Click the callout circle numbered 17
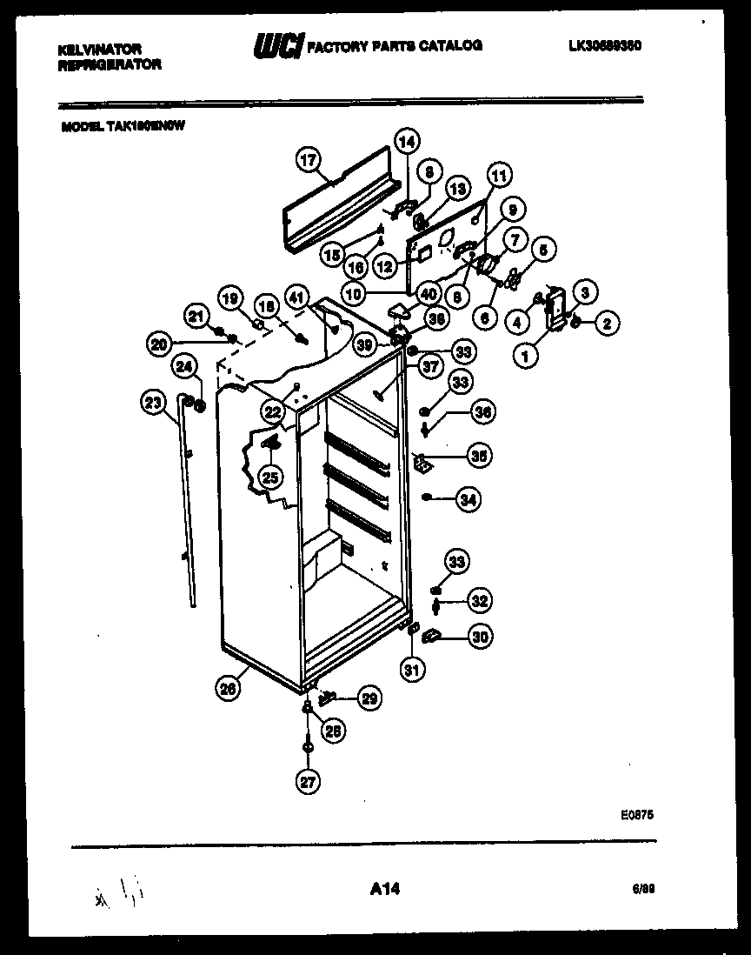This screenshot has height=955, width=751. [x=309, y=160]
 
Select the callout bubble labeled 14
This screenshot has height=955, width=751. [x=407, y=139]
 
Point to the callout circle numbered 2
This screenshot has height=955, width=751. [x=607, y=324]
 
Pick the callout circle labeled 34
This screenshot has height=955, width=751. [x=468, y=499]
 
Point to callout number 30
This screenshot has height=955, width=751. [x=480, y=637]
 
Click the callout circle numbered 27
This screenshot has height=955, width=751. [x=308, y=782]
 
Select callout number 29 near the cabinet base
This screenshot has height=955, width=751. [x=369, y=698]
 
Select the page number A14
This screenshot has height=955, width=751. [x=384, y=888]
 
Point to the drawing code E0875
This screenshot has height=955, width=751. [x=637, y=815]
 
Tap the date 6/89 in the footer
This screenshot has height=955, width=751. [x=642, y=889]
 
